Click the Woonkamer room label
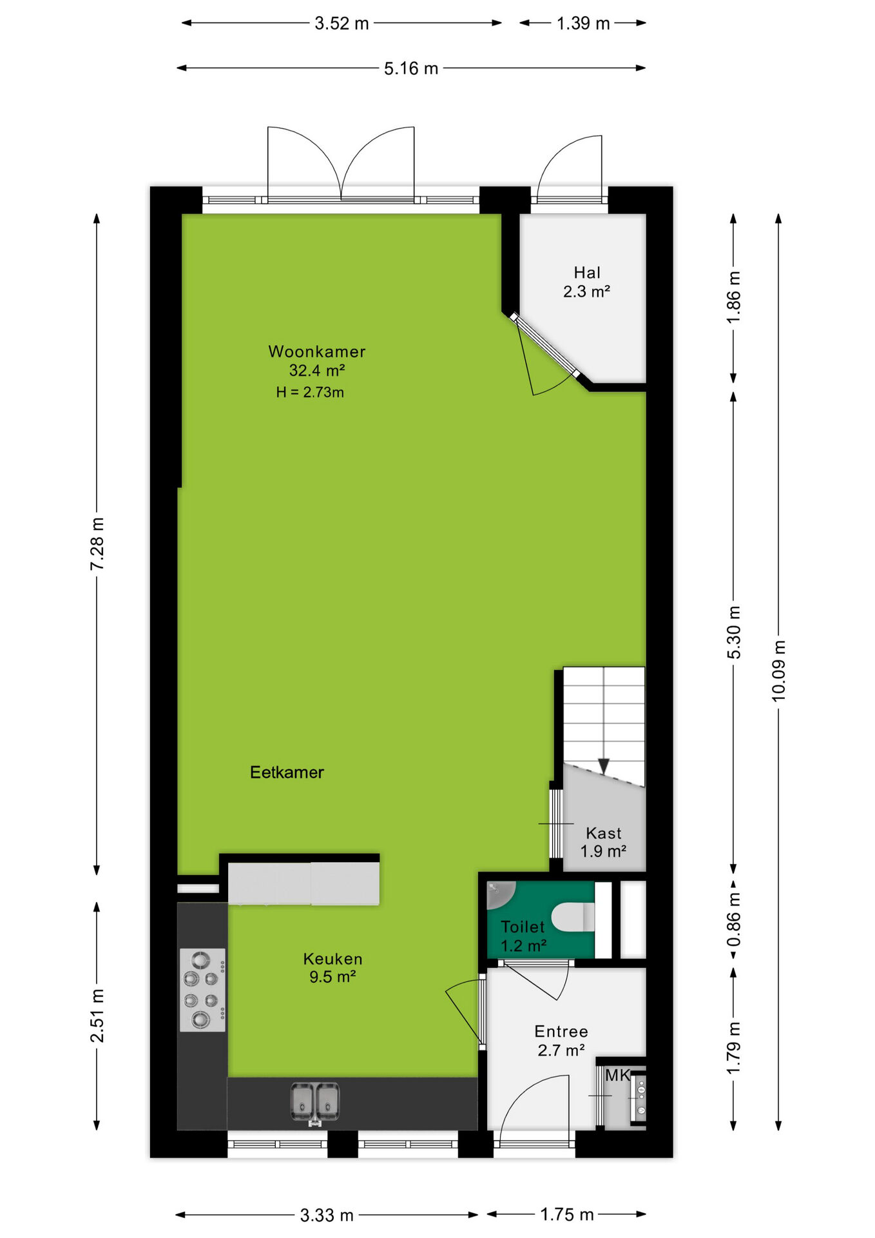tap(316, 351)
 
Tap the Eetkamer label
tap(287, 772)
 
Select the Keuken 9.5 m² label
tap(332, 968)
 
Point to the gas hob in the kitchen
tap(202, 990)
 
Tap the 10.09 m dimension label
tap(778, 671)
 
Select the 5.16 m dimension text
tap(411, 68)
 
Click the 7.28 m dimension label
tap(97, 544)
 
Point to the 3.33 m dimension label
tap(327, 1215)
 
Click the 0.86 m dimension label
tap(734, 919)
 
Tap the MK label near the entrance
tap(617, 1075)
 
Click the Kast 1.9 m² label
tap(604, 842)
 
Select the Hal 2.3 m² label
tap(587, 282)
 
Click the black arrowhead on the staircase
tap(604, 766)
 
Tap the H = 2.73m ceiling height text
tap(310, 392)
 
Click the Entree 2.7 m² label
tap(561, 1041)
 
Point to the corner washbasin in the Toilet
tap(501, 894)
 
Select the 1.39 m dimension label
tap(583, 23)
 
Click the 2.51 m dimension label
tap(97, 1016)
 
